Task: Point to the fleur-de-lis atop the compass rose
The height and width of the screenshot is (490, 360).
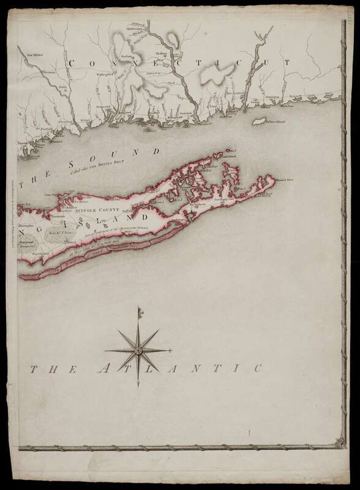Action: (140, 314)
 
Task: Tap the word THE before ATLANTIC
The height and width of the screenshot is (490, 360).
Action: (51, 371)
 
